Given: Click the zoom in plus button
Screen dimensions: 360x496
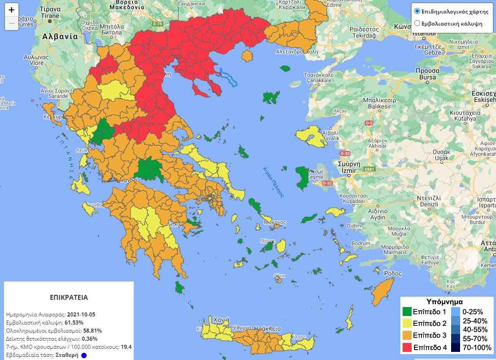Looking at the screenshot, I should [x=12, y=10].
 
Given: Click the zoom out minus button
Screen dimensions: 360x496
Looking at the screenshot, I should [x=12, y=23].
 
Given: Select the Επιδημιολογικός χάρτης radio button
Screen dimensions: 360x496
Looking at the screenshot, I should [x=417, y=11].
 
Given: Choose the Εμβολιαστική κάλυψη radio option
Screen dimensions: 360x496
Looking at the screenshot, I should [x=417, y=23].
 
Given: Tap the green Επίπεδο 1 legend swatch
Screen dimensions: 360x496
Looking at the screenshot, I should [x=407, y=312].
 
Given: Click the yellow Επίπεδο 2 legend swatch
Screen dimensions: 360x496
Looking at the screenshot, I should [x=407, y=323].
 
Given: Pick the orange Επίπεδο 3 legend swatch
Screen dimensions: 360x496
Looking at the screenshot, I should [x=407, y=335].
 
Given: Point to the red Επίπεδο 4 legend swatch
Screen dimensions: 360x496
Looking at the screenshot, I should [x=407, y=347].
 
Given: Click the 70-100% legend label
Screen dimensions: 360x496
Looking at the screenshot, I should [x=476, y=347].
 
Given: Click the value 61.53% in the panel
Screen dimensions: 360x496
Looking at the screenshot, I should [x=73, y=322].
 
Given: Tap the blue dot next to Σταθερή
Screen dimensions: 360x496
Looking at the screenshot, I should [x=83, y=355].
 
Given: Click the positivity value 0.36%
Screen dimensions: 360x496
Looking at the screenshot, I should [x=90, y=339].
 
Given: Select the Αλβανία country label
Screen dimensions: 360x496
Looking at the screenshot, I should [x=60, y=37].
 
